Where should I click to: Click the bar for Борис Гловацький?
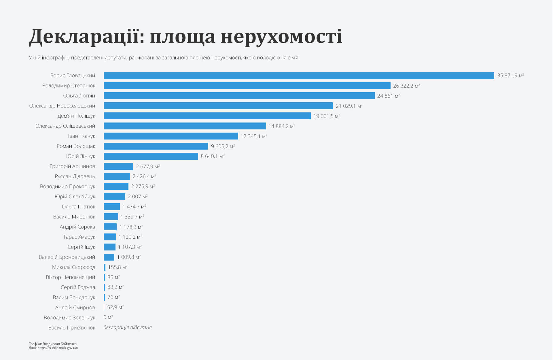pos(299,76)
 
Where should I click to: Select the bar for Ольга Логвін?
pos(239,96)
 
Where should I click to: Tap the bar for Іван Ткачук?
pos(171,136)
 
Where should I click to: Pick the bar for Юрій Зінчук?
pos(151,156)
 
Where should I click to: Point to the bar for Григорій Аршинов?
pos(118,166)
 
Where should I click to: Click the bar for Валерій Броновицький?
pos(109,257)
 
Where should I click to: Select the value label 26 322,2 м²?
pos(406,86)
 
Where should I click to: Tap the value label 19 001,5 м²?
pos(326,116)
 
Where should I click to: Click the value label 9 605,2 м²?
pos(223,146)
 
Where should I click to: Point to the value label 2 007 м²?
pos(137,197)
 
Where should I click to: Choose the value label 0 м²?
pos(108,317)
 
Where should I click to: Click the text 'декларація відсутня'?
pos(127,327)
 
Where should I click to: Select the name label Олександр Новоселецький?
pos(62,106)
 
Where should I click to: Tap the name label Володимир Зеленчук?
pos(69,318)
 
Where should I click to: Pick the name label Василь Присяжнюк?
pos(71,328)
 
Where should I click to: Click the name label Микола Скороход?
pos(73,267)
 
